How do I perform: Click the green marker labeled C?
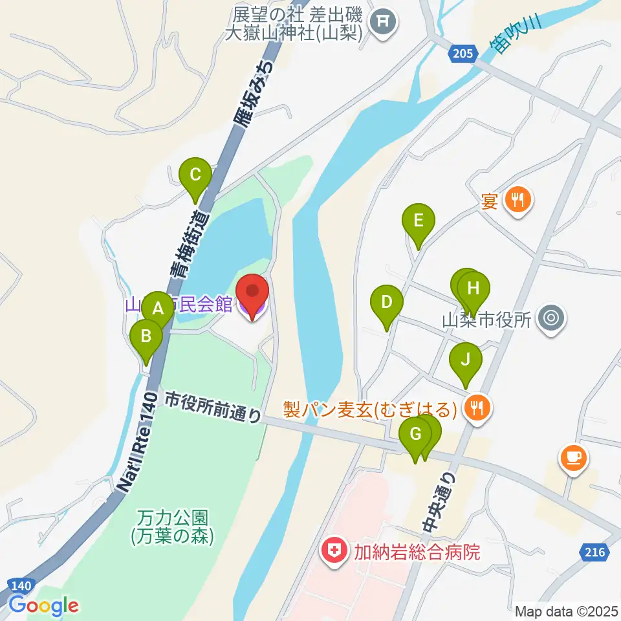tap(195, 174)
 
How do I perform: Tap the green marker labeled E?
tap(418, 221)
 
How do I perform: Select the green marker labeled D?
tap(386, 302)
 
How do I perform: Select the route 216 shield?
tap(593, 552)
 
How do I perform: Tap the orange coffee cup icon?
tap(573, 459)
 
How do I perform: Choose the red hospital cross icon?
tap(334, 552)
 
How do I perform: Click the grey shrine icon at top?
tap(384, 24)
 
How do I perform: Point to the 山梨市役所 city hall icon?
tap(550, 318)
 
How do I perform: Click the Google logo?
tap(43, 606)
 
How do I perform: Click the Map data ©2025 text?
tap(566, 611)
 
